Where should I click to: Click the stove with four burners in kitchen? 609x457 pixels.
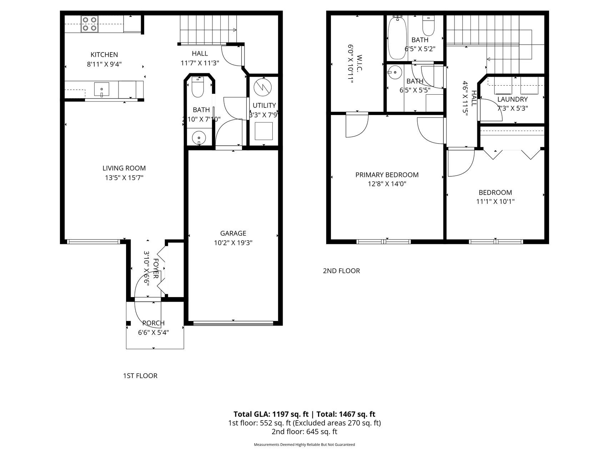click(89, 24)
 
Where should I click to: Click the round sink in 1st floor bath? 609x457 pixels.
click(199, 137)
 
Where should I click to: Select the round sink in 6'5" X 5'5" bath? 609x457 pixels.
click(395, 72)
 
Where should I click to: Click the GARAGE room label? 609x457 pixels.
click(233, 233)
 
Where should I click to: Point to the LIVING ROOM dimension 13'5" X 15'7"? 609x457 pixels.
click(124, 178)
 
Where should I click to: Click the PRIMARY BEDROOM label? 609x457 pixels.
click(387, 175)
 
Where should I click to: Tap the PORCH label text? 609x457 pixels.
click(153, 323)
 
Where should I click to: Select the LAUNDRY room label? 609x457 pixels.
click(512, 100)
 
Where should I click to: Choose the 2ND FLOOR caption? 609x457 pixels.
click(341, 271)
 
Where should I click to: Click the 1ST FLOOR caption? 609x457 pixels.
click(140, 376)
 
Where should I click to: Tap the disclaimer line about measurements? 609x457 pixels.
click(304, 445)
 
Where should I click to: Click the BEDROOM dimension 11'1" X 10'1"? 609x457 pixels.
click(495, 201)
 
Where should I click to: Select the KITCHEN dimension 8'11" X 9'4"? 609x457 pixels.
click(104, 64)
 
